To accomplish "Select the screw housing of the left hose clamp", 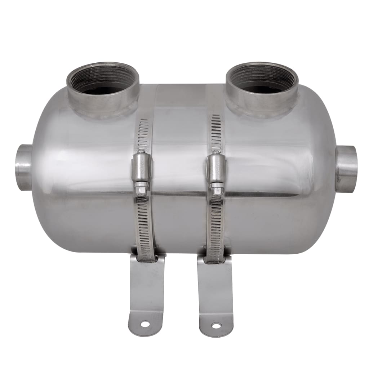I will click(x=142, y=167).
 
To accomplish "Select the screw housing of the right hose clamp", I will click(x=217, y=168).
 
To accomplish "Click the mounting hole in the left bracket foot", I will click(x=145, y=324).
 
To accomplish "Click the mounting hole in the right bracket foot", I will click(x=216, y=326).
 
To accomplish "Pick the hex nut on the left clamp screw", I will click(x=141, y=187).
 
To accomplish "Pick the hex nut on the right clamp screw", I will click(x=217, y=188).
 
